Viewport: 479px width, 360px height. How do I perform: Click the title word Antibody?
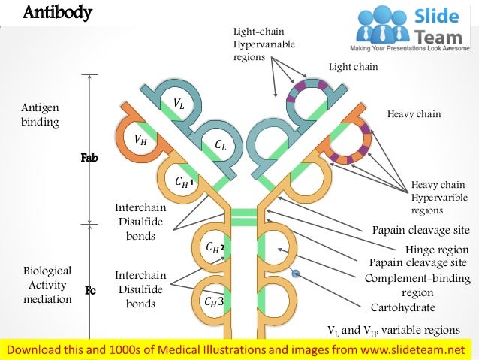[57, 13]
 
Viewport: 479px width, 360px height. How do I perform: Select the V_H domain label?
[140, 138]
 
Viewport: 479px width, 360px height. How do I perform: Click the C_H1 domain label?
[184, 181]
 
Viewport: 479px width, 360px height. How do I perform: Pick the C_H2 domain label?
[215, 247]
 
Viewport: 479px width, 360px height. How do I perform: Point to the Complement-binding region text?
[417, 286]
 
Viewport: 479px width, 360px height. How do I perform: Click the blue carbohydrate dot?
[296, 274]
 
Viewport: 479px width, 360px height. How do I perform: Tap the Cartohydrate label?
[403, 307]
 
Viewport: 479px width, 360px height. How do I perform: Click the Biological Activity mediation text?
[47, 284]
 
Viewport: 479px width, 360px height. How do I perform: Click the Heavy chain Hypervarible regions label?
[439, 198]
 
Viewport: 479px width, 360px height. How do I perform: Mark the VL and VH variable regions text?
[393, 330]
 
